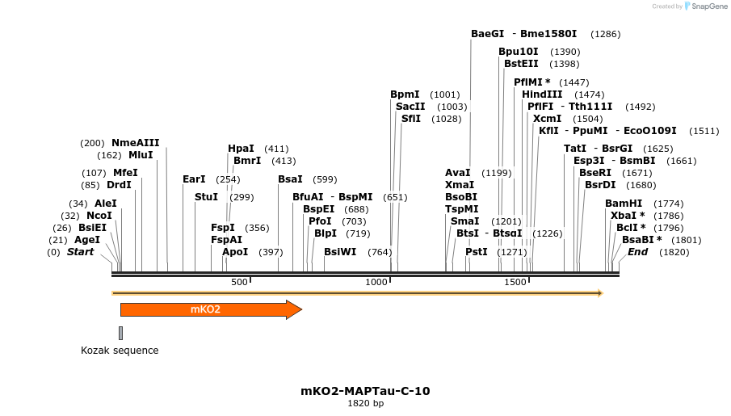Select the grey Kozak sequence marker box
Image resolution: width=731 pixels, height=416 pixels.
point(120,333)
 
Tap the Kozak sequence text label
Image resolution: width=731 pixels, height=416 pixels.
point(120,351)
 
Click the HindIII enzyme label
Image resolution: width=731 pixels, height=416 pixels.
point(542,95)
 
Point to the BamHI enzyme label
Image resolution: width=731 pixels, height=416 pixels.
point(624,204)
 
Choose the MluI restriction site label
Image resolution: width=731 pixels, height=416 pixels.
point(141,155)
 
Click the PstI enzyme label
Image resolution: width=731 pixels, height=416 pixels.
point(477,252)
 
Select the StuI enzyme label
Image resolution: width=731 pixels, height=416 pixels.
point(206,197)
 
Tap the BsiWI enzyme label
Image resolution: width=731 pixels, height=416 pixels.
point(340,252)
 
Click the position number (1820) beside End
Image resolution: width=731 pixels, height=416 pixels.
point(674,252)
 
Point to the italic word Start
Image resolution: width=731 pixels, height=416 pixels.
point(80,252)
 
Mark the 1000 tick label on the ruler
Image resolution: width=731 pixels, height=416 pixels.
point(376,282)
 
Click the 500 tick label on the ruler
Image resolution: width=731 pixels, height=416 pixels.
point(239,282)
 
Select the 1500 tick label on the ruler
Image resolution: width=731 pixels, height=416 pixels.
point(515,282)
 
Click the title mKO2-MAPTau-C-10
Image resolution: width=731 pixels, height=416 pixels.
point(365,391)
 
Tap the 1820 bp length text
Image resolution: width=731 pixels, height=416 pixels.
point(365,403)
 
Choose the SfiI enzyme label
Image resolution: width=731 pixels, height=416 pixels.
point(411,119)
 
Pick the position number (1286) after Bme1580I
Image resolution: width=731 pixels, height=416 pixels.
point(606,34)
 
